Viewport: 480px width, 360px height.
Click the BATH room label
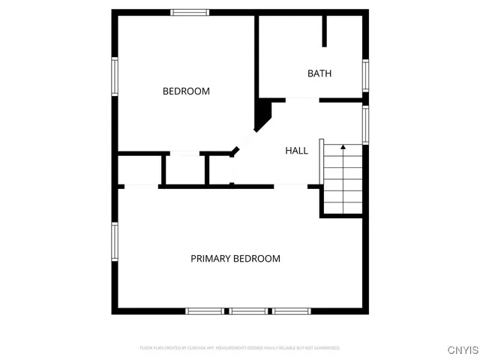click(319, 73)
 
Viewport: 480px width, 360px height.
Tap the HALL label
click(296, 151)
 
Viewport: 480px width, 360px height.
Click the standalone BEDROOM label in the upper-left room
click(186, 91)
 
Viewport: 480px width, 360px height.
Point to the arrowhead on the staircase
click(343, 148)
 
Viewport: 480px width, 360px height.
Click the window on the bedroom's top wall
click(190, 12)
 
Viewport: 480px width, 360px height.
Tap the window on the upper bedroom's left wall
click(115, 76)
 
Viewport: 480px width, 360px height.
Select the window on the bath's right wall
click(365, 75)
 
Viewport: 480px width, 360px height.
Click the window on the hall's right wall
click(365, 124)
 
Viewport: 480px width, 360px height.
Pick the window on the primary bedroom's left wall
click(115, 242)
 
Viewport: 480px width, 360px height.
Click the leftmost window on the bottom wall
click(205, 310)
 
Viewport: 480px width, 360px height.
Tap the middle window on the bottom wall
click(248, 310)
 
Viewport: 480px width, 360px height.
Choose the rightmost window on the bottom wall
click(292, 310)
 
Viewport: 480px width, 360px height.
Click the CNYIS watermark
click(463, 349)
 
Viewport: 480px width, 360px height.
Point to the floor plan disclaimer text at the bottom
click(239, 348)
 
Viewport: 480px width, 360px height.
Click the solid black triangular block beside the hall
click(263, 115)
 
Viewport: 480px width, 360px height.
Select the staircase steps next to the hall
click(343, 180)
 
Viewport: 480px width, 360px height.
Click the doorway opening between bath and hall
click(302, 100)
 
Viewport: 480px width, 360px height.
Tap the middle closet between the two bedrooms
click(184, 169)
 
